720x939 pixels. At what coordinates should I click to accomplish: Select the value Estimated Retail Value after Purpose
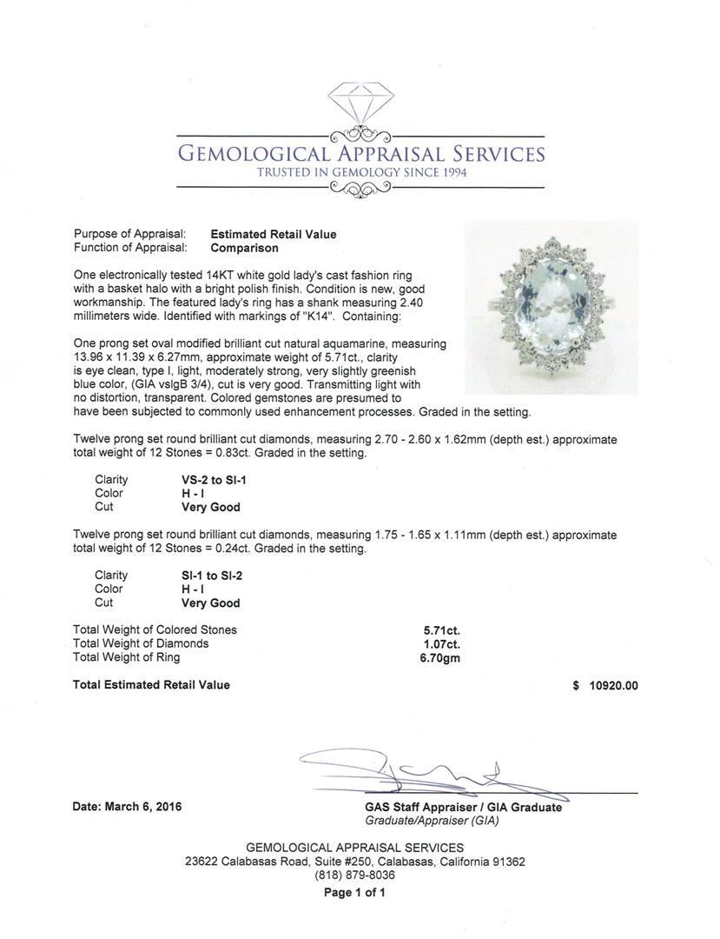click(x=274, y=234)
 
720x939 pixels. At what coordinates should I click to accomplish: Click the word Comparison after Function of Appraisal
click(x=245, y=248)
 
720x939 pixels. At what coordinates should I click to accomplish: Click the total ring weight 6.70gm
click(x=439, y=658)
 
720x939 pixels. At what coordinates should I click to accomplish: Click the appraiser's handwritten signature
click(x=417, y=770)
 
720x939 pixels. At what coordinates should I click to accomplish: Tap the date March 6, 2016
click(x=127, y=806)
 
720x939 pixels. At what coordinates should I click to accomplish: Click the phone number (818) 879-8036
click(x=354, y=876)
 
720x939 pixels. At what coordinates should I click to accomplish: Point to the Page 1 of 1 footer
click(x=354, y=893)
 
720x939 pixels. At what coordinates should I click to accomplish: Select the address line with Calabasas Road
click(x=354, y=862)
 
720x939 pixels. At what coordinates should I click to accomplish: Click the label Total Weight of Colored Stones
click(x=155, y=629)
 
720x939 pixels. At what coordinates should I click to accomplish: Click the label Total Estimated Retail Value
click(x=151, y=685)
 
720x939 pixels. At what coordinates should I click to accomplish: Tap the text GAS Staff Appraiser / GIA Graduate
click(x=463, y=807)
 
